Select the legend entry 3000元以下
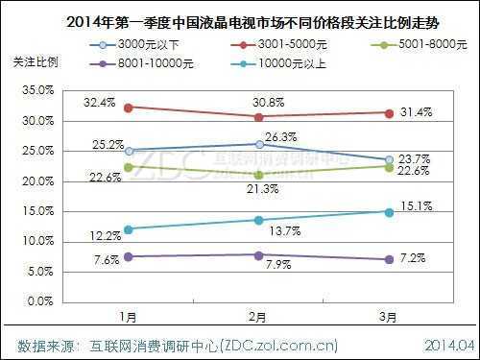click(134, 45)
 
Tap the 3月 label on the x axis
click(389, 317)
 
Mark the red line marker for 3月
click(389, 112)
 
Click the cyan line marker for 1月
click(128, 228)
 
